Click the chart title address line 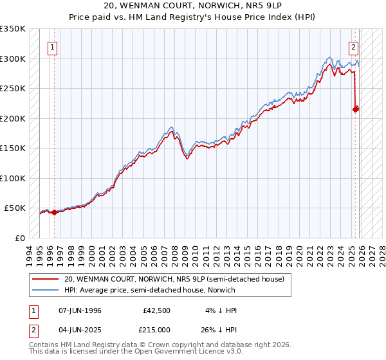(192, 6)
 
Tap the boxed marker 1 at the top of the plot (52, 46)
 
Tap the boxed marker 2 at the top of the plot (354, 46)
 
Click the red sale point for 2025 (356, 110)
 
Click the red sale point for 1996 (54, 212)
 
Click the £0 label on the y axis (21, 238)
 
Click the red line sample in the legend (46, 279)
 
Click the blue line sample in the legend (46, 289)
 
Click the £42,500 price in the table (156, 310)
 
